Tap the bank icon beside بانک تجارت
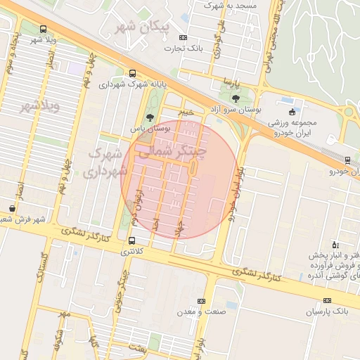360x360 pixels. pos(184,37)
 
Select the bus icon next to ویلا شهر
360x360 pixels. pos(44,30)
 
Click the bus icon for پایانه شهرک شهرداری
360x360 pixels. pos(133,73)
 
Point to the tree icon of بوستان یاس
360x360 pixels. pos(149,117)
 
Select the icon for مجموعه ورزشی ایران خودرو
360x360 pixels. pos(292,112)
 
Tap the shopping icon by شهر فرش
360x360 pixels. pos(13,209)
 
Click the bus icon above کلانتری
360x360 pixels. pos(131,240)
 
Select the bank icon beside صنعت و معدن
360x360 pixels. pos(202,301)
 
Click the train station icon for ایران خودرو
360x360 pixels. pos(349,160)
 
